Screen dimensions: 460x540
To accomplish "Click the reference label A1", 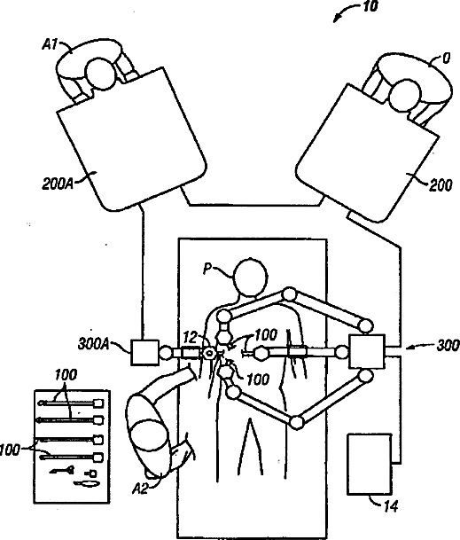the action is [50, 44].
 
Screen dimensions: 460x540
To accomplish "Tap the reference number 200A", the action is [58, 184].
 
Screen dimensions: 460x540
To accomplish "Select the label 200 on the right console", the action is [441, 185].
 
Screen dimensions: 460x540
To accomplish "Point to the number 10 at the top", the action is [370, 6].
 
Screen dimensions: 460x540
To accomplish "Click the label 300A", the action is [94, 344].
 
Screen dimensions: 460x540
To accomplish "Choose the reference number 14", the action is [391, 506].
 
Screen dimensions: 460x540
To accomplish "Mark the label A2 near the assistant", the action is [140, 488].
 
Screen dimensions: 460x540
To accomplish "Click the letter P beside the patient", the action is [207, 269].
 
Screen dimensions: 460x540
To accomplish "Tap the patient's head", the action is [250, 278].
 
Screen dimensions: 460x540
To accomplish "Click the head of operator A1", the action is [100, 74].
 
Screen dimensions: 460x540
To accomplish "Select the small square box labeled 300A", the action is [145, 352].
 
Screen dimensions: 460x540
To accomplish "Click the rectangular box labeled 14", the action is [370, 464].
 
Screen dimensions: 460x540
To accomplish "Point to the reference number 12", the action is [190, 338].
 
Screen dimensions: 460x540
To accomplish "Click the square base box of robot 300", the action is [367, 351].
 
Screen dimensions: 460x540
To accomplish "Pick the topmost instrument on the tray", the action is [72, 403].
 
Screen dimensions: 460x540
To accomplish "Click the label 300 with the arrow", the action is [448, 346].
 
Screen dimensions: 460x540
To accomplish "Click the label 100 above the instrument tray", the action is [66, 375].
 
